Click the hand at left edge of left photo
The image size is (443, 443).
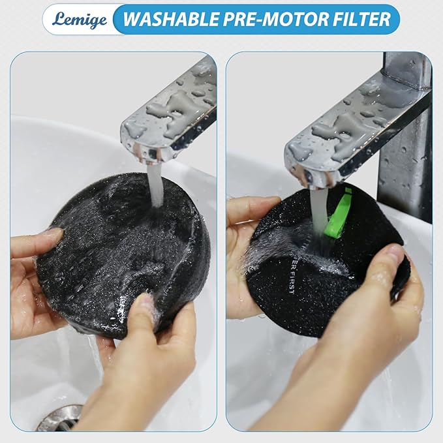click(x=33, y=274)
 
